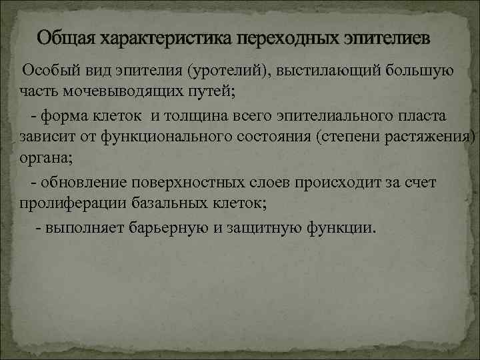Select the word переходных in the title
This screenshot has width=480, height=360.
(x=273, y=37)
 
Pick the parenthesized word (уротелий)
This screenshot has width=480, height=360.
(x=229, y=71)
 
